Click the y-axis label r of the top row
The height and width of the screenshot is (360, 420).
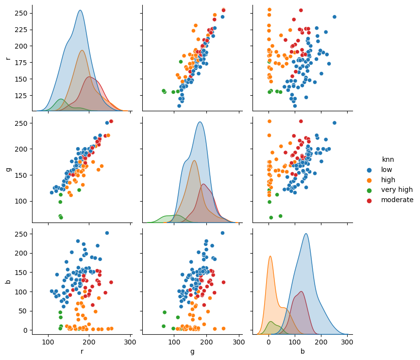click(x=8, y=58)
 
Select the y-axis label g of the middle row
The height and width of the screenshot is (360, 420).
click(x=8, y=170)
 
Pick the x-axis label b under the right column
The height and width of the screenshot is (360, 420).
click(x=302, y=351)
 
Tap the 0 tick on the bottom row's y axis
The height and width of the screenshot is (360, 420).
click(x=26, y=330)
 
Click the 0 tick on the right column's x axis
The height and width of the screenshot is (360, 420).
click(x=269, y=342)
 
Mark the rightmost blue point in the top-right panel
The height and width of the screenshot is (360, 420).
click(x=334, y=17)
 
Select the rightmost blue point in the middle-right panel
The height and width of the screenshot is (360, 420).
click(x=334, y=123)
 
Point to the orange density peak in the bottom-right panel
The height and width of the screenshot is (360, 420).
click(x=270, y=256)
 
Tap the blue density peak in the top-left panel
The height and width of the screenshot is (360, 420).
click(x=80, y=11)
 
